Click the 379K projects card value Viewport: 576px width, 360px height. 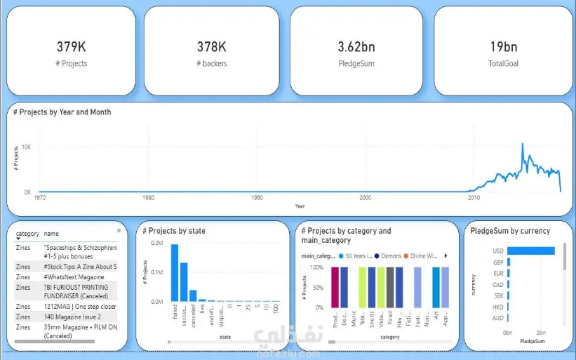pos(71,47)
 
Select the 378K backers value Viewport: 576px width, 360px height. pos(211,47)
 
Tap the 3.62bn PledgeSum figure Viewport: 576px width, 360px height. pos(356,47)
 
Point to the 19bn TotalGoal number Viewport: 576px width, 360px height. pos(503,47)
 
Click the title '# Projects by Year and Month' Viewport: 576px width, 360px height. pos(62,112)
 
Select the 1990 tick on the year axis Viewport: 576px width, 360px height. pos(257,199)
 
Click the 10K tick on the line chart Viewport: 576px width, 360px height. pos(26,147)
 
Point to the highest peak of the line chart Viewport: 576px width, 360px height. pos(522,145)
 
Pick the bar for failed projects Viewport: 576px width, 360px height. pos(175,273)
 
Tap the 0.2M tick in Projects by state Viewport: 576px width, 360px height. pos(158,243)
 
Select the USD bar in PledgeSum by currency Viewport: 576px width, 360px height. pos(530,251)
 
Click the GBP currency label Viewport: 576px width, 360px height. pos(497,262)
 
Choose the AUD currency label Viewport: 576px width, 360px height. pos(497,318)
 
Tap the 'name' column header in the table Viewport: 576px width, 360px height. pos(51,234)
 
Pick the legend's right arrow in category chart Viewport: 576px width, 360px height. pos(446,255)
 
